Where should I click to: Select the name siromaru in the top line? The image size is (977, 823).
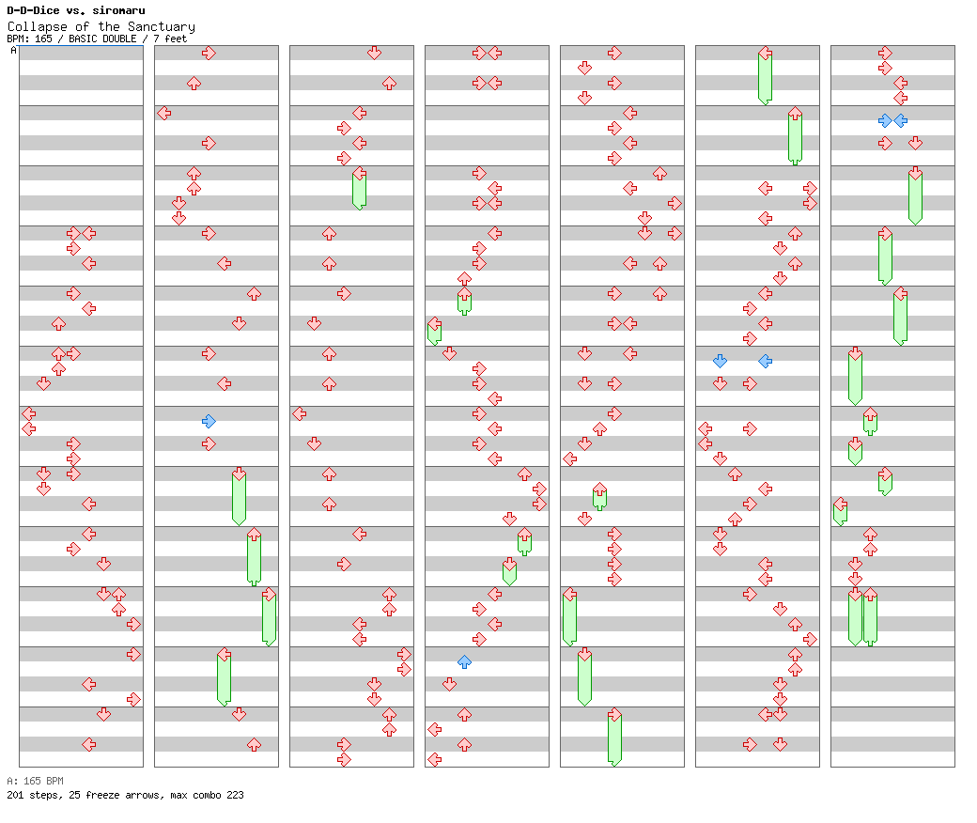[x=118, y=10]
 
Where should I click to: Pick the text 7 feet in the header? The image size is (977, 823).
[x=170, y=39]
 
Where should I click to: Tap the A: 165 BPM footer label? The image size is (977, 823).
[x=35, y=781]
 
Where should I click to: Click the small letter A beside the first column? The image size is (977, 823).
[x=13, y=51]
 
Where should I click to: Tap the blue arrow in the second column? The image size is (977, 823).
[x=209, y=421]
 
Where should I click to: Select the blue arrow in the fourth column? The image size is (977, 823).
[x=464, y=661]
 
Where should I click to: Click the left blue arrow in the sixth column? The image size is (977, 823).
[x=720, y=361]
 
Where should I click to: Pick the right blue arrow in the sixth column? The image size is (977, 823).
[x=765, y=361]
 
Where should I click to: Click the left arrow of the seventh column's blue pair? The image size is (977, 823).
[x=885, y=120]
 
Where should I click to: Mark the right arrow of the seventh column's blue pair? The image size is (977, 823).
[x=900, y=120]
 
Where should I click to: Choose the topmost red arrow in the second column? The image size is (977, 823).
[x=209, y=53]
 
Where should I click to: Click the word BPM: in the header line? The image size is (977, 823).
[x=19, y=39]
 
